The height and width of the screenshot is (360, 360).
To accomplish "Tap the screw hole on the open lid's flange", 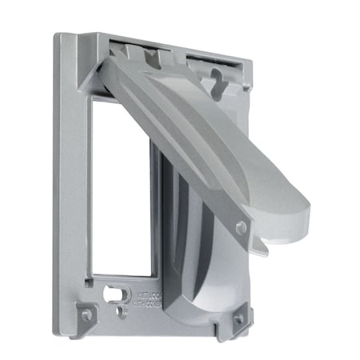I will pos(241,228).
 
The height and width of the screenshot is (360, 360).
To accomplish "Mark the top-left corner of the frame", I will pos(60,36).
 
